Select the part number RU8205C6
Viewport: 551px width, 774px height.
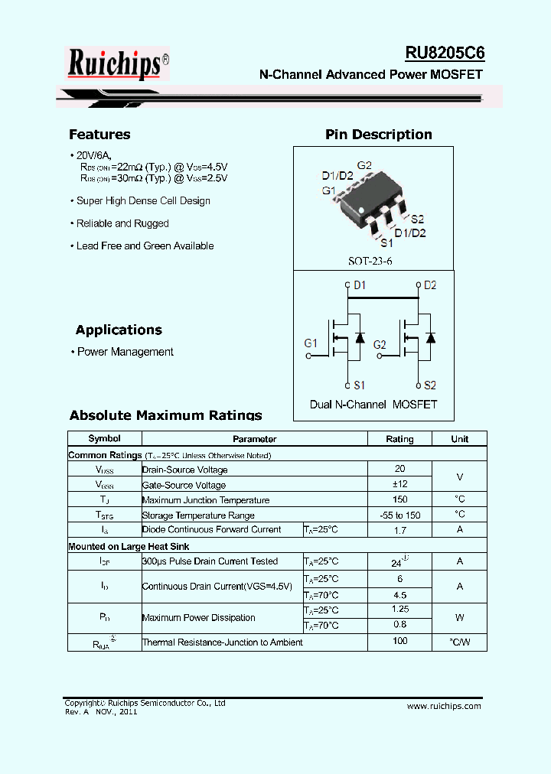click(445, 53)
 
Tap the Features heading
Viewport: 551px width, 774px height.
click(99, 135)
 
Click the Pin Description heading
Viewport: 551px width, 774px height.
click(379, 135)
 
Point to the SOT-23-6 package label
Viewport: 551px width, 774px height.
click(370, 261)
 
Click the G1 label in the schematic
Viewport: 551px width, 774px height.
click(310, 343)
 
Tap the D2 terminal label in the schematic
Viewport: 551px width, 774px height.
click(430, 285)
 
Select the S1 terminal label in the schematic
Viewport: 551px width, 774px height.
click(359, 385)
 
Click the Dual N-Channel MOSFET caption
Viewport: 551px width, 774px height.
click(373, 404)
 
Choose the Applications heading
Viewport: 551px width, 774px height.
click(119, 330)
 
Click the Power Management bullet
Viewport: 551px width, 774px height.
click(126, 352)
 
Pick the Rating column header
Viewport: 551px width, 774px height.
click(399, 439)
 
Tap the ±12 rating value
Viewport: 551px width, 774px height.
click(399, 484)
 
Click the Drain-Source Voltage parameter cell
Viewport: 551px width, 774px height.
click(184, 470)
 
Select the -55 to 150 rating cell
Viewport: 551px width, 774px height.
click(399, 515)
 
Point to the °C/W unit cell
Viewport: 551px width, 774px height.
click(459, 642)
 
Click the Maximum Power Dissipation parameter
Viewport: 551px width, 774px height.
click(199, 617)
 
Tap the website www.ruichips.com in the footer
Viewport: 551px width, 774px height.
click(444, 706)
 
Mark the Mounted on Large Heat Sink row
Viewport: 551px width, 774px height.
click(129, 546)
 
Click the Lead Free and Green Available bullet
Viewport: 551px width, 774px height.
click(145, 246)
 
